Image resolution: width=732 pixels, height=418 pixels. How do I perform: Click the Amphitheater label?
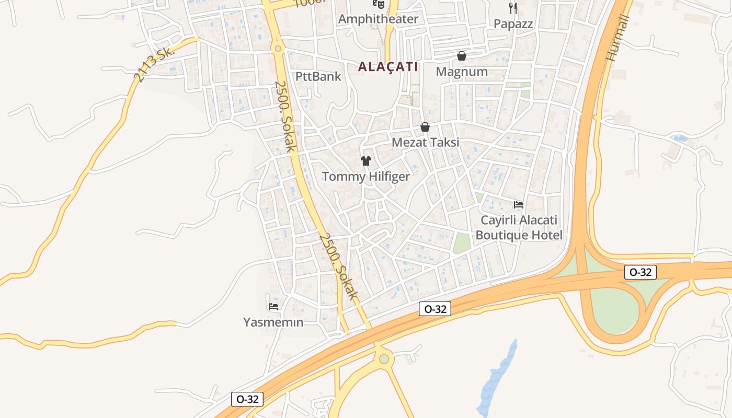pyautogui.click(x=378, y=19)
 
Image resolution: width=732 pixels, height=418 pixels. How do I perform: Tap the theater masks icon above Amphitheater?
pyautogui.click(x=379, y=4)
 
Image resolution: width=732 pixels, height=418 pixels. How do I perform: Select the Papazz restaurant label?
pyautogui.click(x=513, y=24)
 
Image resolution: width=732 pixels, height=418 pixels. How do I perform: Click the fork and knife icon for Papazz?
pyautogui.click(x=513, y=8)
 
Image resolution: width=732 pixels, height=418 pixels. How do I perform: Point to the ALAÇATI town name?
pyautogui.click(x=388, y=67)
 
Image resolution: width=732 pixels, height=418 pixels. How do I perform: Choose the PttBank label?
pyautogui.click(x=318, y=76)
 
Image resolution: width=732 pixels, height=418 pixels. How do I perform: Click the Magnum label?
pyautogui.click(x=462, y=72)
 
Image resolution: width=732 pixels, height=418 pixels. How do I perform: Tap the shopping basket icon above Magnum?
pyautogui.click(x=462, y=56)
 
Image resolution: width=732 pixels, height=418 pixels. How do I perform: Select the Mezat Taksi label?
pyautogui.click(x=425, y=142)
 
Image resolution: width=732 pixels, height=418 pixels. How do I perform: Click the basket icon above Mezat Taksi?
pyautogui.click(x=425, y=127)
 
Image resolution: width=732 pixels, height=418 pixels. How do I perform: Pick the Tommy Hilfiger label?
pyautogui.click(x=366, y=177)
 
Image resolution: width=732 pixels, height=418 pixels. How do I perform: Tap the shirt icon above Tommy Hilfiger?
pyautogui.click(x=366, y=161)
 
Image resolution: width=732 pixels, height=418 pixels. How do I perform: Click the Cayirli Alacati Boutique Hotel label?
pyautogui.click(x=519, y=228)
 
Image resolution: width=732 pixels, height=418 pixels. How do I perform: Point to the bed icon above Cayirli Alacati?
pyautogui.click(x=519, y=205)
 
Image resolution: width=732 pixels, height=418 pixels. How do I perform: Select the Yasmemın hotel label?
pyautogui.click(x=273, y=322)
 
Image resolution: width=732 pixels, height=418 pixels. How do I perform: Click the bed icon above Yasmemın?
pyautogui.click(x=273, y=307)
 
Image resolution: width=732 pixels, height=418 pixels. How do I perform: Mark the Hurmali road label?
pyautogui.click(x=618, y=38)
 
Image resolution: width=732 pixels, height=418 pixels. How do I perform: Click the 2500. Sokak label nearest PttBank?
pyautogui.click(x=285, y=116)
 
